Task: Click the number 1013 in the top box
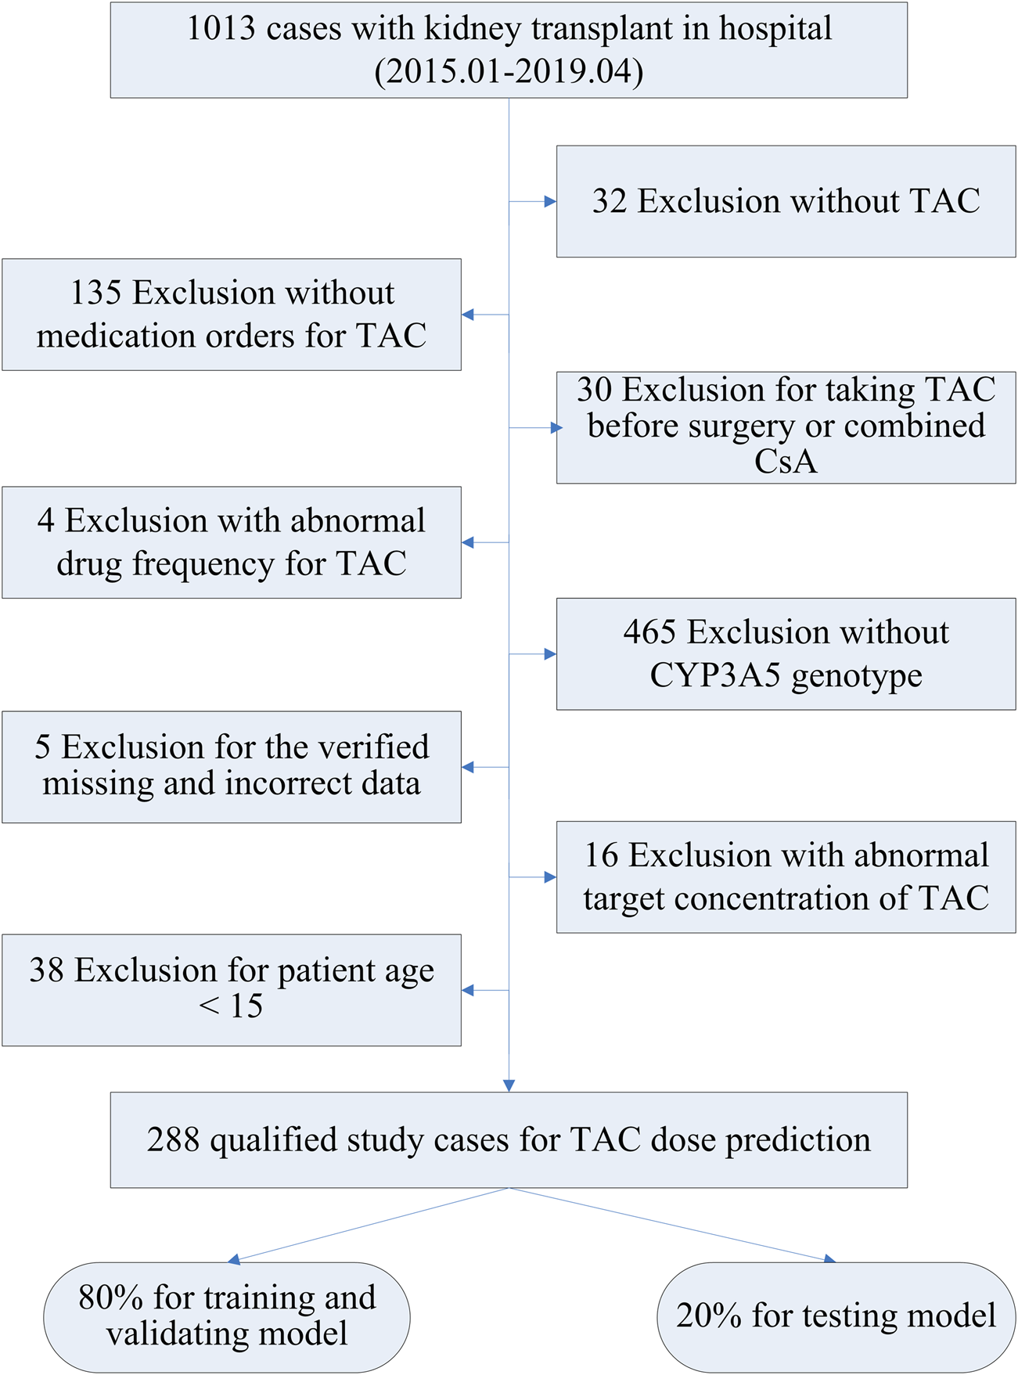[x=221, y=29]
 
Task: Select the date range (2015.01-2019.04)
[x=509, y=72]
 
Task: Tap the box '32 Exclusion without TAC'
[x=786, y=201]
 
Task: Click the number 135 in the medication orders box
[x=95, y=293]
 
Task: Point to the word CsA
[x=786, y=462]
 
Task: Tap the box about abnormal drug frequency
[x=232, y=542]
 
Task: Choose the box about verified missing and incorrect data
[x=232, y=766]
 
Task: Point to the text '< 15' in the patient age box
[x=232, y=1006]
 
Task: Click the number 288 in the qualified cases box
[x=173, y=1140]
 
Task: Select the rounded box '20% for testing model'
[x=836, y=1316]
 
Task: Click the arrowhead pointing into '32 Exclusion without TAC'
[x=551, y=201]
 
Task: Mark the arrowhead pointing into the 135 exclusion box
[x=468, y=315]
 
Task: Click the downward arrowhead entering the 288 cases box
[x=509, y=1085]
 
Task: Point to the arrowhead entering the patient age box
[x=468, y=990]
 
